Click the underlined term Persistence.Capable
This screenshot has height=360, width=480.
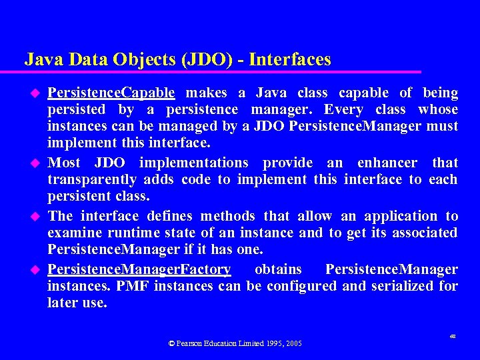(x=111, y=93)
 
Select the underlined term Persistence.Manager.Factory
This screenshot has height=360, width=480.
(x=139, y=269)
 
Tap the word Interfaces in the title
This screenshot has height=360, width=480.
(x=291, y=60)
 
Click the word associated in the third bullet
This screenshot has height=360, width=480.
(x=425, y=233)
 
